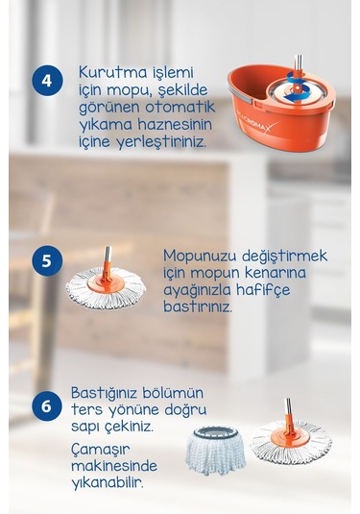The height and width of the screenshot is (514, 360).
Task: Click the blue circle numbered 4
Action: click(46, 79)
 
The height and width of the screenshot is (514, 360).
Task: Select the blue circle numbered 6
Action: click(46, 404)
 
